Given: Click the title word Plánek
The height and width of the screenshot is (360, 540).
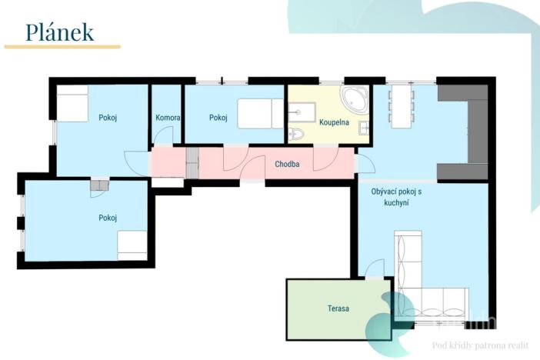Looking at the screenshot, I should [x=60, y=32].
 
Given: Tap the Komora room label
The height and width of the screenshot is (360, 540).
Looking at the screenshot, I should [x=168, y=118].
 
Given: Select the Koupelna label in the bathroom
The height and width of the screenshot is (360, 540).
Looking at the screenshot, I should [x=335, y=122].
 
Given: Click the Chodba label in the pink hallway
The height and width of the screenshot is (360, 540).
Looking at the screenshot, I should [x=287, y=164].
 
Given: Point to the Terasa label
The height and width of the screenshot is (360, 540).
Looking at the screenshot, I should [x=338, y=308].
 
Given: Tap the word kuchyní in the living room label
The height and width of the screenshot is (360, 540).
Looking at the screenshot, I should [x=396, y=203].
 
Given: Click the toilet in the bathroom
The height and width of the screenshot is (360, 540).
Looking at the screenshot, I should [x=298, y=135].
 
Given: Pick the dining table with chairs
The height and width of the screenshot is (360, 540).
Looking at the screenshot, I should [x=400, y=105].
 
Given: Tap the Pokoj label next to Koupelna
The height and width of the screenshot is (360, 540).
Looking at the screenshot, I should [x=218, y=118].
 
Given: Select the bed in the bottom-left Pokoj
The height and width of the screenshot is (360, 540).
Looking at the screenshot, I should [x=132, y=245].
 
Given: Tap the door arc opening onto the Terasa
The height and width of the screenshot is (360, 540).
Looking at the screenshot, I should [x=375, y=268].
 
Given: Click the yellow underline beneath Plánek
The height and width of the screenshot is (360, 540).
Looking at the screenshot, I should [x=62, y=47].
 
